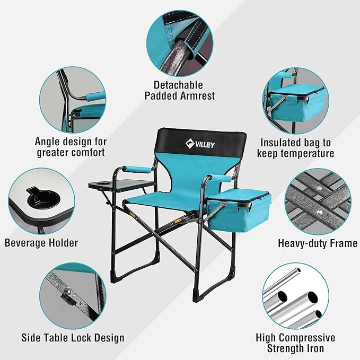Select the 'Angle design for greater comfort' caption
coord(71,147)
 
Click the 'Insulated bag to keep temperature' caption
coord(295,148)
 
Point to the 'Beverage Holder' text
coord(41,243)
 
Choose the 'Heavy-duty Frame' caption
coord(318,243)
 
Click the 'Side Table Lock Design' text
coord(73,338)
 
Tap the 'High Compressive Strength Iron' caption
coord(295,343)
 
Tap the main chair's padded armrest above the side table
coord(137,171)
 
